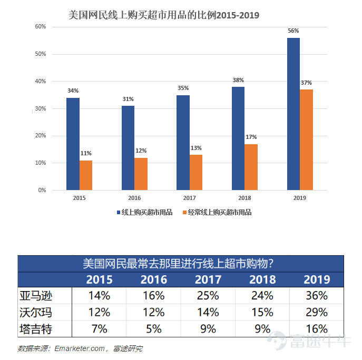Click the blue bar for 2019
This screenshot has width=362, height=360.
click(x=293, y=114)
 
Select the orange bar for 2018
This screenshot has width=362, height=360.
click(x=251, y=167)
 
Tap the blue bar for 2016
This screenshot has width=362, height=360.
click(x=128, y=148)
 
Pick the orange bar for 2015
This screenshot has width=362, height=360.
click(x=86, y=175)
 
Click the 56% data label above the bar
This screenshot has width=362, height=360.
click(x=293, y=31)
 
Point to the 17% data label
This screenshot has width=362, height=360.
click(x=251, y=138)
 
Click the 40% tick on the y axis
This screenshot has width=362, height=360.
click(x=40, y=81)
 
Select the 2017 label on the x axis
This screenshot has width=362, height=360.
click(x=190, y=198)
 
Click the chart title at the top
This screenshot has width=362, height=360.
click(x=164, y=15)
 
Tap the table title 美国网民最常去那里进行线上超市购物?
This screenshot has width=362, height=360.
click(x=181, y=263)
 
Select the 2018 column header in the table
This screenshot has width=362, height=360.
click(x=262, y=279)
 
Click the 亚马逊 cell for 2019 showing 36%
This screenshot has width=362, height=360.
click(x=317, y=295)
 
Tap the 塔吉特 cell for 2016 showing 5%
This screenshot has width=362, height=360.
click(x=153, y=329)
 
